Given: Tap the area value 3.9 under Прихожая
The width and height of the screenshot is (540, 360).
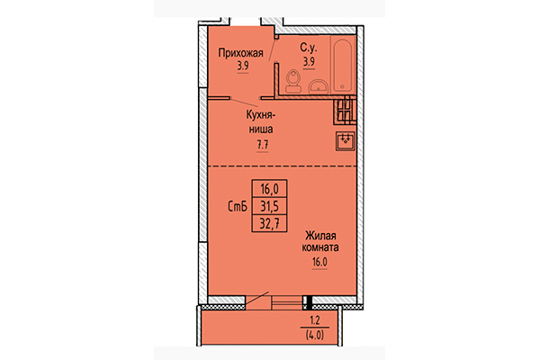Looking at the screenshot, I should [x=241, y=66].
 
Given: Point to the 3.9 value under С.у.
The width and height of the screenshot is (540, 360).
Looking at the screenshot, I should [x=309, y=62].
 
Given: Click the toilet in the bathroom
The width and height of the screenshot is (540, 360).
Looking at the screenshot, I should [x=292, y=84].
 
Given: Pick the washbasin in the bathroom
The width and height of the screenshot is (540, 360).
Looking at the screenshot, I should [x=319, y=86].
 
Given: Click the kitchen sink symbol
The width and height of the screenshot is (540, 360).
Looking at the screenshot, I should [x=345, y=140].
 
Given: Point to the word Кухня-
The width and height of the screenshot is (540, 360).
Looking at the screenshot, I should [x=263, y=115].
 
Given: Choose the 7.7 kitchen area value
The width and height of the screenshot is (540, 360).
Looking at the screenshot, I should [x=263, y=143].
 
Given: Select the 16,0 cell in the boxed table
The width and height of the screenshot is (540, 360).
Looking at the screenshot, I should [x=270, y=189].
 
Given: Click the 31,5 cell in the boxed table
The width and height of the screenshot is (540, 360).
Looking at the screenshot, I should [x=270, y=205].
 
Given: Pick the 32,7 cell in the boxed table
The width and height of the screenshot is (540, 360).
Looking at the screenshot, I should [x=270, y=221].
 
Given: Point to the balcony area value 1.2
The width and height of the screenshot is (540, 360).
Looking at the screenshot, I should [x=313, y=320].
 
